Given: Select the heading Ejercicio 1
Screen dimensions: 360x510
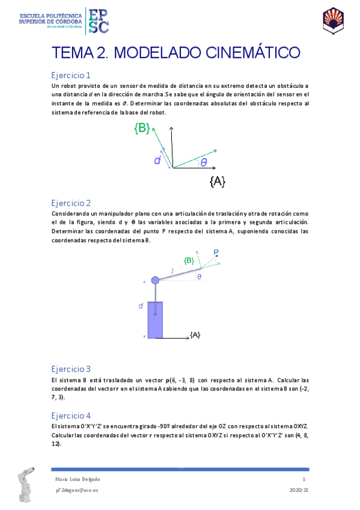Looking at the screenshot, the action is (71, 76).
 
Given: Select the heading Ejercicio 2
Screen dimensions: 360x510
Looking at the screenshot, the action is (71, 203).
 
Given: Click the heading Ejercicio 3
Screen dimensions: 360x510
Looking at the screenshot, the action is (71, 369).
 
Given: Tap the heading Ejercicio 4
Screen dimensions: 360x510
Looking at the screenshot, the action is (71, 415).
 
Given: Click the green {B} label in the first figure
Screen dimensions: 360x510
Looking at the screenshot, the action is (142, 127).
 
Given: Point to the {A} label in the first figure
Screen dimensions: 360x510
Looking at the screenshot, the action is (218, 181).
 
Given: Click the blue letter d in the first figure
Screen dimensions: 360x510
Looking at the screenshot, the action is (157, 161).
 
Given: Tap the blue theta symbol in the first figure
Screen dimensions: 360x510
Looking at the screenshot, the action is (204, 162).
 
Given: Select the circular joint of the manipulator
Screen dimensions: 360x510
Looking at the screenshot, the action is (155, 280).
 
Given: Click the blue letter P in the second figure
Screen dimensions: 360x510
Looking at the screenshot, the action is (216, 252).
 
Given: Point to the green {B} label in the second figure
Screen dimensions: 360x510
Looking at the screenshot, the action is (189, 260).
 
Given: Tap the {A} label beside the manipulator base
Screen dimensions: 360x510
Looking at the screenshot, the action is (195, 334).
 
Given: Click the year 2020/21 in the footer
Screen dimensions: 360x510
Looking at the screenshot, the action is (299, 490).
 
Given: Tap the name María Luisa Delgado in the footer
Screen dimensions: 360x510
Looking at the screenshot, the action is (77, 479).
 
